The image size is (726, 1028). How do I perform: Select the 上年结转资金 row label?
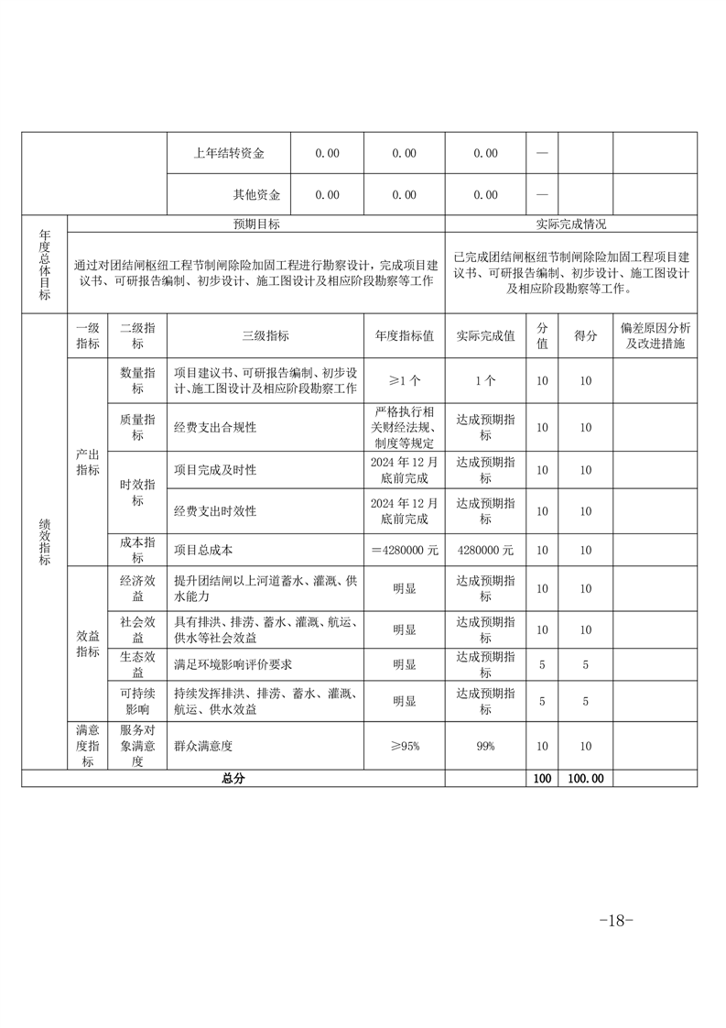coord(229,154)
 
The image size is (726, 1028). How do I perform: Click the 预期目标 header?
coord(256,224)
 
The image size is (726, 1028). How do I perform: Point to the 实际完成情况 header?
coord(570,224)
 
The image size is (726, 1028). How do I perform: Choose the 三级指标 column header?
coord(265,336)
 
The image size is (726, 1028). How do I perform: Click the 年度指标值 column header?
coord(404,336)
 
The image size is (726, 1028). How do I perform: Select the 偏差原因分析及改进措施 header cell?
coord(655,336)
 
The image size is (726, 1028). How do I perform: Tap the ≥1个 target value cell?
coord(404,380)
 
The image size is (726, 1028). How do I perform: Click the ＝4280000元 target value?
coord(404,551)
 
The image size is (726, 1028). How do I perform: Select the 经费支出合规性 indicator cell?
coord(215,427)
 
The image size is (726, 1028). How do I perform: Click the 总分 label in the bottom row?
coord(233,778)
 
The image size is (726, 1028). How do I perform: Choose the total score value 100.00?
coord(585,778)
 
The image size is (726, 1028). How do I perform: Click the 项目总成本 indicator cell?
coord(203,551)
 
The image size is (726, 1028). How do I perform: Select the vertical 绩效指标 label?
coord(44,545)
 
